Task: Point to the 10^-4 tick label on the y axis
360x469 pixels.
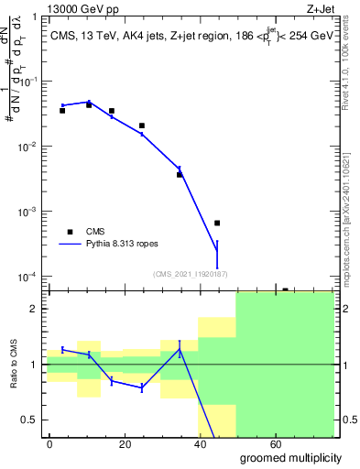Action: pos(28,277)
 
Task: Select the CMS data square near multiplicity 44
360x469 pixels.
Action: pos(217,223)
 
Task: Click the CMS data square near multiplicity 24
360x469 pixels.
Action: pos(142,125)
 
